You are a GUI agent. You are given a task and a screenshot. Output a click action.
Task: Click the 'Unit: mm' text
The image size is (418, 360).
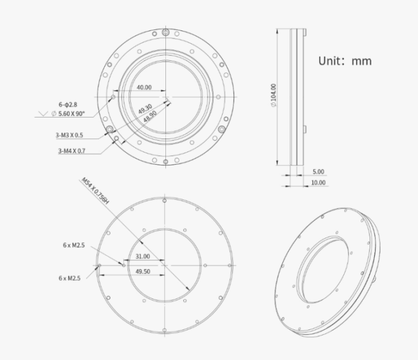click(x=345, y=61)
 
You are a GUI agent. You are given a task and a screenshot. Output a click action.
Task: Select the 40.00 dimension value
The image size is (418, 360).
click(x=143, y=87)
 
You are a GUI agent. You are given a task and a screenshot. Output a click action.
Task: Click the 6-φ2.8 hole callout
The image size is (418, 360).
click(x=67, y=104)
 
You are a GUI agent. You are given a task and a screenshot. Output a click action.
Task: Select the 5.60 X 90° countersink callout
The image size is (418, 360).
click(x=72, y=113)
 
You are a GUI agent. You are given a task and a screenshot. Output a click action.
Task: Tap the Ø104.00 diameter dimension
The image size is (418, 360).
click(x=273, y=96)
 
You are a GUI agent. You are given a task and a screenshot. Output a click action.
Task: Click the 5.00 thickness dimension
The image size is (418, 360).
click(x=318, y=172)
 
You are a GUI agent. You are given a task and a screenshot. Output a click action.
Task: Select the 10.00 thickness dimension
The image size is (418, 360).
click(x=318, y=183)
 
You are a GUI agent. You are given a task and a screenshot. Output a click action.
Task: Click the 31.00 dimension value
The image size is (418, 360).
click(x=142, y=257)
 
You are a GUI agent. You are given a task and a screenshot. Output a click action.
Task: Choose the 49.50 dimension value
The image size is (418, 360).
click(x=142, y=271)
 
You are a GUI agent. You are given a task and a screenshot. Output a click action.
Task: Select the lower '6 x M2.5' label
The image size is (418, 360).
click(x=69, y=278)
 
